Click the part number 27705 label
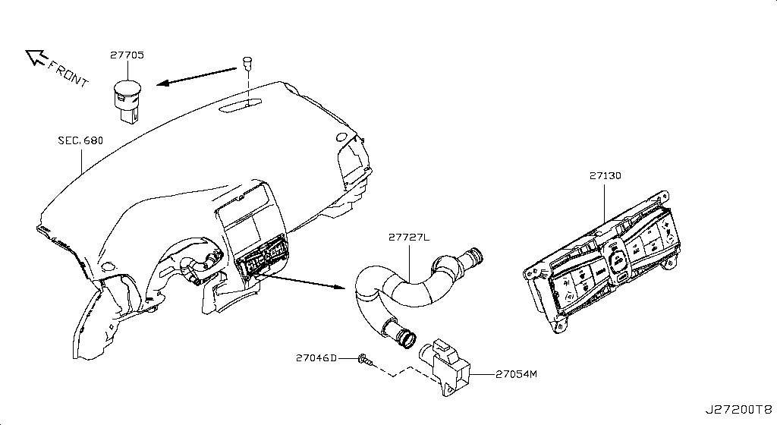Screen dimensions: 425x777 127,55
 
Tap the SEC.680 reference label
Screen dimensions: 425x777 80,140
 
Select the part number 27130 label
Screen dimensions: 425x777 605,175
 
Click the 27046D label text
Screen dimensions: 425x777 316,357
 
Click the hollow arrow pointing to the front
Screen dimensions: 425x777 35,56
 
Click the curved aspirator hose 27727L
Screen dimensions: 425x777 410,288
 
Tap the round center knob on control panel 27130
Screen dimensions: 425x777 618,258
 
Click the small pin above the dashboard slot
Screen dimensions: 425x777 247,61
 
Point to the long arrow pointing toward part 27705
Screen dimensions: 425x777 199,76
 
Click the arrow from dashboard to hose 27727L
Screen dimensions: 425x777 304,281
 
